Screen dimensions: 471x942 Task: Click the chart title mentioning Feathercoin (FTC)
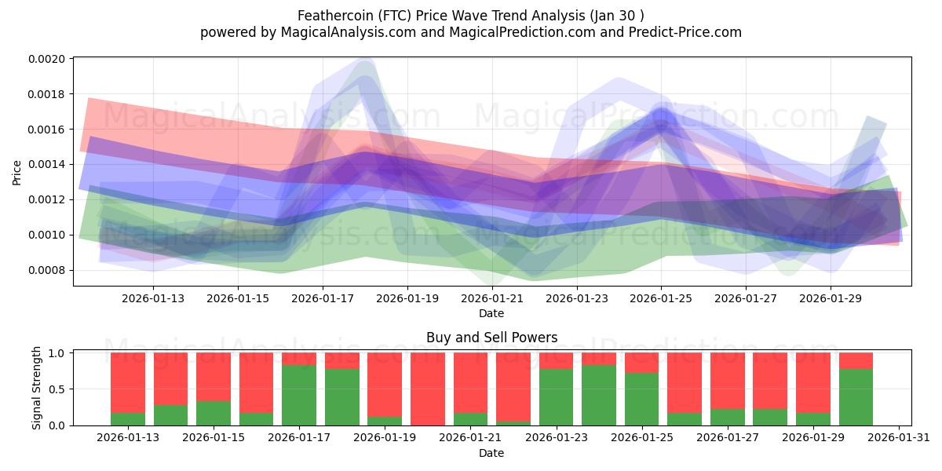(x=471, y=16)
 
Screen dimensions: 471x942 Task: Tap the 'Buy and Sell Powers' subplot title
(x=491, y=338)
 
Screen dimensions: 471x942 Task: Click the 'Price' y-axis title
(x=17, y=173)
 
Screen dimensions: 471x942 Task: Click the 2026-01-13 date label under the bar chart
(x=128, y=437)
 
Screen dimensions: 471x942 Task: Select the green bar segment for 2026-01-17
(x=298, y=395)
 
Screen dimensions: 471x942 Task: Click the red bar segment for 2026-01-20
(x=427, y=389)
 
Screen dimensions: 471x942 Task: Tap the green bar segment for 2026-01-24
(x=598, y=395)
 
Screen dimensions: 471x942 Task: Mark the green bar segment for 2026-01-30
(x=856, y=396)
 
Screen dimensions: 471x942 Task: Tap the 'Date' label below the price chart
(x=491, y=313)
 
